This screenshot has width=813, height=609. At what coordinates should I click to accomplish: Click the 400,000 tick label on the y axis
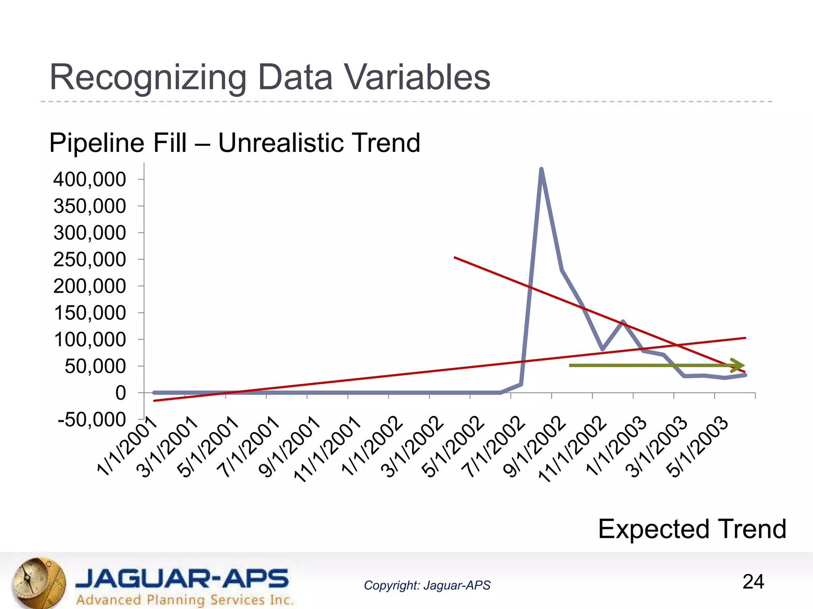90,180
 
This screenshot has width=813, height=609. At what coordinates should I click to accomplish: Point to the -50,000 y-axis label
92,420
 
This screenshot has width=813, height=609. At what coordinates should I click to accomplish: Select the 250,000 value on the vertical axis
90,260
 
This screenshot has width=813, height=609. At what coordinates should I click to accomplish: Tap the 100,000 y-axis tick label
90,340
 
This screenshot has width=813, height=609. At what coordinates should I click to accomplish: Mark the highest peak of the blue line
541,170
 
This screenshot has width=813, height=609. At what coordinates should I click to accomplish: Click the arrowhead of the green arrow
738,365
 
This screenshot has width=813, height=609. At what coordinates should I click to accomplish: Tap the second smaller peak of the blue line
623,322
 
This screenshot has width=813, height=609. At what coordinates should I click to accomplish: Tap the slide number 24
753,582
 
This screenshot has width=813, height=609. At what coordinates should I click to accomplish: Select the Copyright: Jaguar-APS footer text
427,585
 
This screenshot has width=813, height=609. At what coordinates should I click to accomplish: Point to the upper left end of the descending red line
455,258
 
